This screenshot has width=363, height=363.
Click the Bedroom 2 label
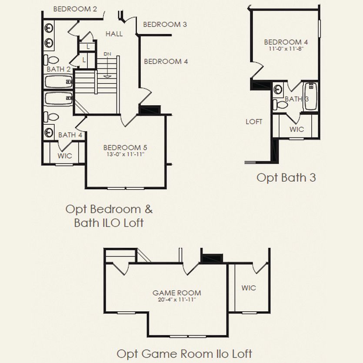[75, 9]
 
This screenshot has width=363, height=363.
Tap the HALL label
[114, 34]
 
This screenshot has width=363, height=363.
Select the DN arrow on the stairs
[107, 66]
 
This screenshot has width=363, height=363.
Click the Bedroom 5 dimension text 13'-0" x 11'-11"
[126, 154]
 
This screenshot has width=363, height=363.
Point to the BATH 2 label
[59, 69]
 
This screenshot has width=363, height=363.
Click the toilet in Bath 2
[51, 60]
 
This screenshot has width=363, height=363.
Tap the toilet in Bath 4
[51, 117]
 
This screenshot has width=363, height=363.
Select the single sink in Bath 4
[49, 132]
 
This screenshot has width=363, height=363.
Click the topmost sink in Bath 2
[49, 28]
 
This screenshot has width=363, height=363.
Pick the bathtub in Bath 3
[311, 96]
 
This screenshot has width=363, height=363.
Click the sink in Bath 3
[278, 89]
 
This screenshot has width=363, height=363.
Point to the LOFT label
[254, 122]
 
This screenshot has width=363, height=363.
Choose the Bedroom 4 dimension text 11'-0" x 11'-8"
[286, 49]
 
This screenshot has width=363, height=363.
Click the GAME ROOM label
[177, 293]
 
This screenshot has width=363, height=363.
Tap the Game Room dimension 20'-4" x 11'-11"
[177, 300]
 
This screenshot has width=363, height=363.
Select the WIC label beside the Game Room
[249, 288]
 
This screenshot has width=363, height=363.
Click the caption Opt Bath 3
[286, 178]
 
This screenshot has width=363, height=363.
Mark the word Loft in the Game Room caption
[242, 354]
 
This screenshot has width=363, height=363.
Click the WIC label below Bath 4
[65, 156]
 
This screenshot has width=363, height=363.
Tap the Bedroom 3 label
[165, 24]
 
